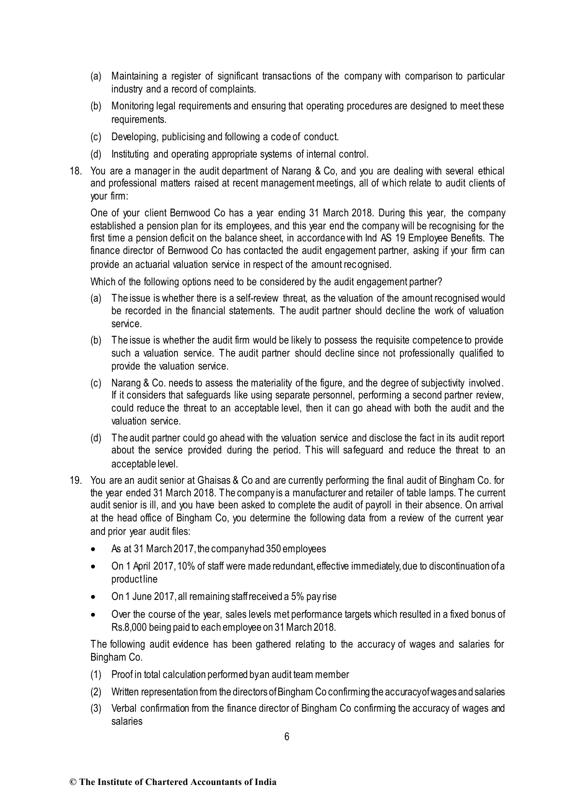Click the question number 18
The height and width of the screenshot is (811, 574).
click(x=76, y=171)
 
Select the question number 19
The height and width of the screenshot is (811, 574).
click(x=76, y=480)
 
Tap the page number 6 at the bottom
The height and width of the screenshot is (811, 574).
click(x=287, y=737)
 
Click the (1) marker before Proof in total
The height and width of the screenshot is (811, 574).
click(x=96, y=675)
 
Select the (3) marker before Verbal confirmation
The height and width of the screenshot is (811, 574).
click(x=96, y=709)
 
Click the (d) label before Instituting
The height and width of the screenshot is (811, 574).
click(x=96, y=154)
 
